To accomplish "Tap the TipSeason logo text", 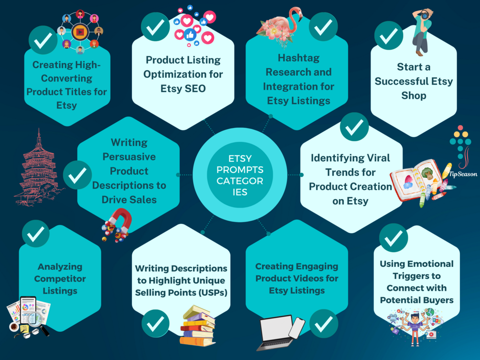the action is tap(463, 174).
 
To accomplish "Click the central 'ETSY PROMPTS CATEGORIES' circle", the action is tap(240, 175).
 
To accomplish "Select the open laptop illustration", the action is tap(276, 332).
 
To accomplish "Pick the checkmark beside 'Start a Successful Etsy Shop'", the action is tap(388, 35).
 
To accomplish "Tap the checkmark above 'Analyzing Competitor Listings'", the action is tap(35, 233).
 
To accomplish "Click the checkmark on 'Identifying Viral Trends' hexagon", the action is tap(354, 127).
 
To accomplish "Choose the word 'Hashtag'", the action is tap(299, 58).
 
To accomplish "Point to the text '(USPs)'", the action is tap(213, 293).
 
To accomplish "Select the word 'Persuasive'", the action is tap(129, 157).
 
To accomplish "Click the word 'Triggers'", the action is tap(416, 276).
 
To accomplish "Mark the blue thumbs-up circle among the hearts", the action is tap(190, 35).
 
